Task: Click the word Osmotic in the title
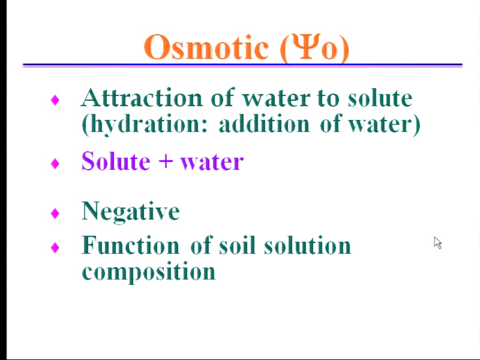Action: click(x=206, y=47)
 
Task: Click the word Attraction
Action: click(x=142, y=97)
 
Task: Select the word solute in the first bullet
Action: click(x=380, y=97)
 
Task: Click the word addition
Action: click(x=264, y=124)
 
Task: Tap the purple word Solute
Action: click(x=116, y=161)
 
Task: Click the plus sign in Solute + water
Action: click(x=166, y=162)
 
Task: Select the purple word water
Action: click(x=212, y=162)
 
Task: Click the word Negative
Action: click(x=131, y=212)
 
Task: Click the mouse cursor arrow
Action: click(x=438, y=243)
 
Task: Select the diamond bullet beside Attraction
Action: click(x=55, y=100)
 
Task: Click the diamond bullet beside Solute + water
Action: click(x=55, y=164)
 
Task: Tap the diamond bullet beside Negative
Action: click(x=55, y=213)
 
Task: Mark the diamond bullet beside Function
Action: click(x=55, y=247)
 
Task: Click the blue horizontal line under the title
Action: click(x=242, y=65)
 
